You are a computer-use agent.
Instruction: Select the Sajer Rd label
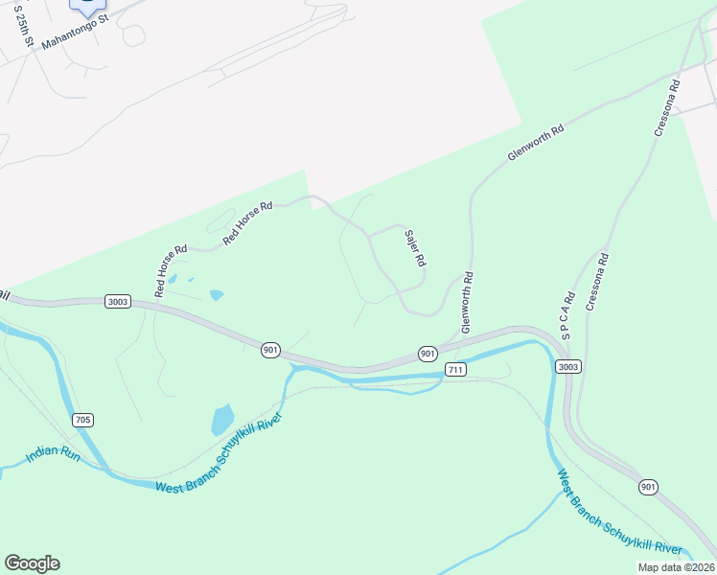click(415, 248)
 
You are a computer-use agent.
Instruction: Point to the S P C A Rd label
click(567, 316)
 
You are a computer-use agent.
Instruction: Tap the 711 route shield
click(455, 369)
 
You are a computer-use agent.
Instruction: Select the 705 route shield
click(81, 420)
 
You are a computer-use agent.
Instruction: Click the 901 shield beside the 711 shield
click(428, 353)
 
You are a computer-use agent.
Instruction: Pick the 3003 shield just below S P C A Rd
click(567, 366)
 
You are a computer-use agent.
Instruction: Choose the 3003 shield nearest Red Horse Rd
click(118, 301)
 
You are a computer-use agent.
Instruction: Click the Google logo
click(32, 563)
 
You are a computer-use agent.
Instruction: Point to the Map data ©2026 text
click(676, 567)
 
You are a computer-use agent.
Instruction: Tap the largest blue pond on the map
click(222, 420)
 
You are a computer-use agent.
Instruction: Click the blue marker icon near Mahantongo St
click(87, 6)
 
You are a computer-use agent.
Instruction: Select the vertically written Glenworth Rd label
click(468, 302)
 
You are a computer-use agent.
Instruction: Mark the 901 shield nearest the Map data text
click(649, 487)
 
